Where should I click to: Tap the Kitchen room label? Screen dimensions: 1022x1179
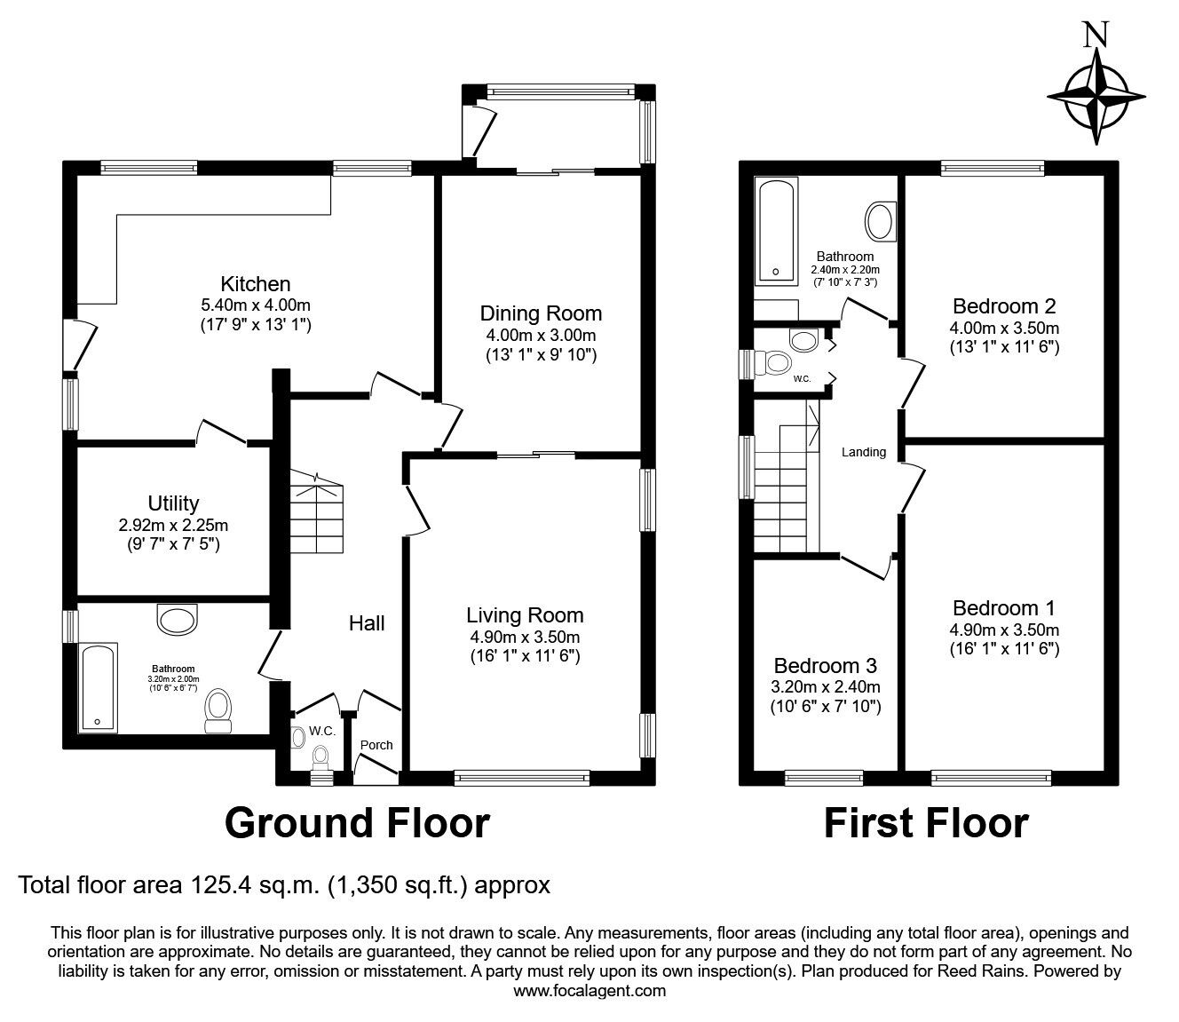click(x=256, y=284)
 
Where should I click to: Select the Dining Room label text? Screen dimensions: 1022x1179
click(x=541, y=313)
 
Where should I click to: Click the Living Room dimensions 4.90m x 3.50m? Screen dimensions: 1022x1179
click(x=525, y=637)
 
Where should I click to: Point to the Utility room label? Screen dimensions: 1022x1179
click(x=173, y=503)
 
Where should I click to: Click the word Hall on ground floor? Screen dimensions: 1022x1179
click(x=366, y=623)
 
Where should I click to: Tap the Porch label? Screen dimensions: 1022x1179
click(x=376, y=745)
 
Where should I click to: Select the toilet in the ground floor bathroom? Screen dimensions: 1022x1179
click(x=218, y=709)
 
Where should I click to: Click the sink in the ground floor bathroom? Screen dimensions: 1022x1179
click(x=176, y=620)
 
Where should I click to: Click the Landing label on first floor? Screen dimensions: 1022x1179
click(x=864, y=452)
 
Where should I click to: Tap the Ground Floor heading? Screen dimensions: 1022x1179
click(x=357, y=823)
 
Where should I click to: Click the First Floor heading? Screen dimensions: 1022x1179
click(x=926, y=823)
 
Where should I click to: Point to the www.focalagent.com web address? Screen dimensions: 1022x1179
click(x=589, y=991)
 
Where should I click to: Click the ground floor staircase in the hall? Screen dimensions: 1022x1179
click(x=316, y=515)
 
